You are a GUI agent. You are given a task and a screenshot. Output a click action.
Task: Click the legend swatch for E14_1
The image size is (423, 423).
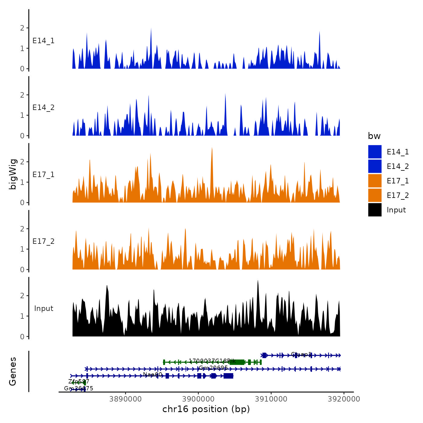pos(375,152)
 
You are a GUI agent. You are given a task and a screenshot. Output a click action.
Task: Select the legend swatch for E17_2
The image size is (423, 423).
pos(375,195)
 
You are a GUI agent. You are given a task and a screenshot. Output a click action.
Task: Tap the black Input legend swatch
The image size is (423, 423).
pos(375,210)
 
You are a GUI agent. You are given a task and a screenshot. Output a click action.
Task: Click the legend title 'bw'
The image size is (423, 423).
pos(374,136)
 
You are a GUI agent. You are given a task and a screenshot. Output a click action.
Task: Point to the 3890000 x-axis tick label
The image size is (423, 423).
pos(126,399)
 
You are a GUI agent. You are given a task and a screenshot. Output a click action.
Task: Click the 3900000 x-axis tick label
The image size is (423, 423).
pos(199,399)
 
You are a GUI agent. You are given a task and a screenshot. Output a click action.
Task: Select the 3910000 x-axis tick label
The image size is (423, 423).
pos(271,399)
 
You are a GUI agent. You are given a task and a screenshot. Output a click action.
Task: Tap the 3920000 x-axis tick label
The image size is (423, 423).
pos(344,399)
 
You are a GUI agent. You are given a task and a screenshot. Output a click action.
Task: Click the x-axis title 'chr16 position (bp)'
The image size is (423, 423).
pos(206,409)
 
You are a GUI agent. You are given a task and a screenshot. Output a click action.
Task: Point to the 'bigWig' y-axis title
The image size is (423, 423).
pos(13,174)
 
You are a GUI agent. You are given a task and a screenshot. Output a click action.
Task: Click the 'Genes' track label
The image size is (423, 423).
pos(13,371)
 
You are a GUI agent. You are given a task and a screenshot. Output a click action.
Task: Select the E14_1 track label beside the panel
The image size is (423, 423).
pos(44,41)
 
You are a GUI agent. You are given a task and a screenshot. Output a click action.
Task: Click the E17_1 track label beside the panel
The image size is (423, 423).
pos(44,175)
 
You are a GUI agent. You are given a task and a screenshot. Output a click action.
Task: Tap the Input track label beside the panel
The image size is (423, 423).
pos(44,308)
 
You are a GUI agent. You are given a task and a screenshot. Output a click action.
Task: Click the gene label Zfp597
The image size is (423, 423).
pos(79,381)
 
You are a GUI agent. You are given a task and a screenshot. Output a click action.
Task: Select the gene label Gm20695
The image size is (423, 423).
pos(213,368)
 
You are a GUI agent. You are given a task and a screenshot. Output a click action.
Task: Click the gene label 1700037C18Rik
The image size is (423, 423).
pos(212,361)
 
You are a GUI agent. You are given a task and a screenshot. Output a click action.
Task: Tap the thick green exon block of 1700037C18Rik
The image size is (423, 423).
pos(237,362)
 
